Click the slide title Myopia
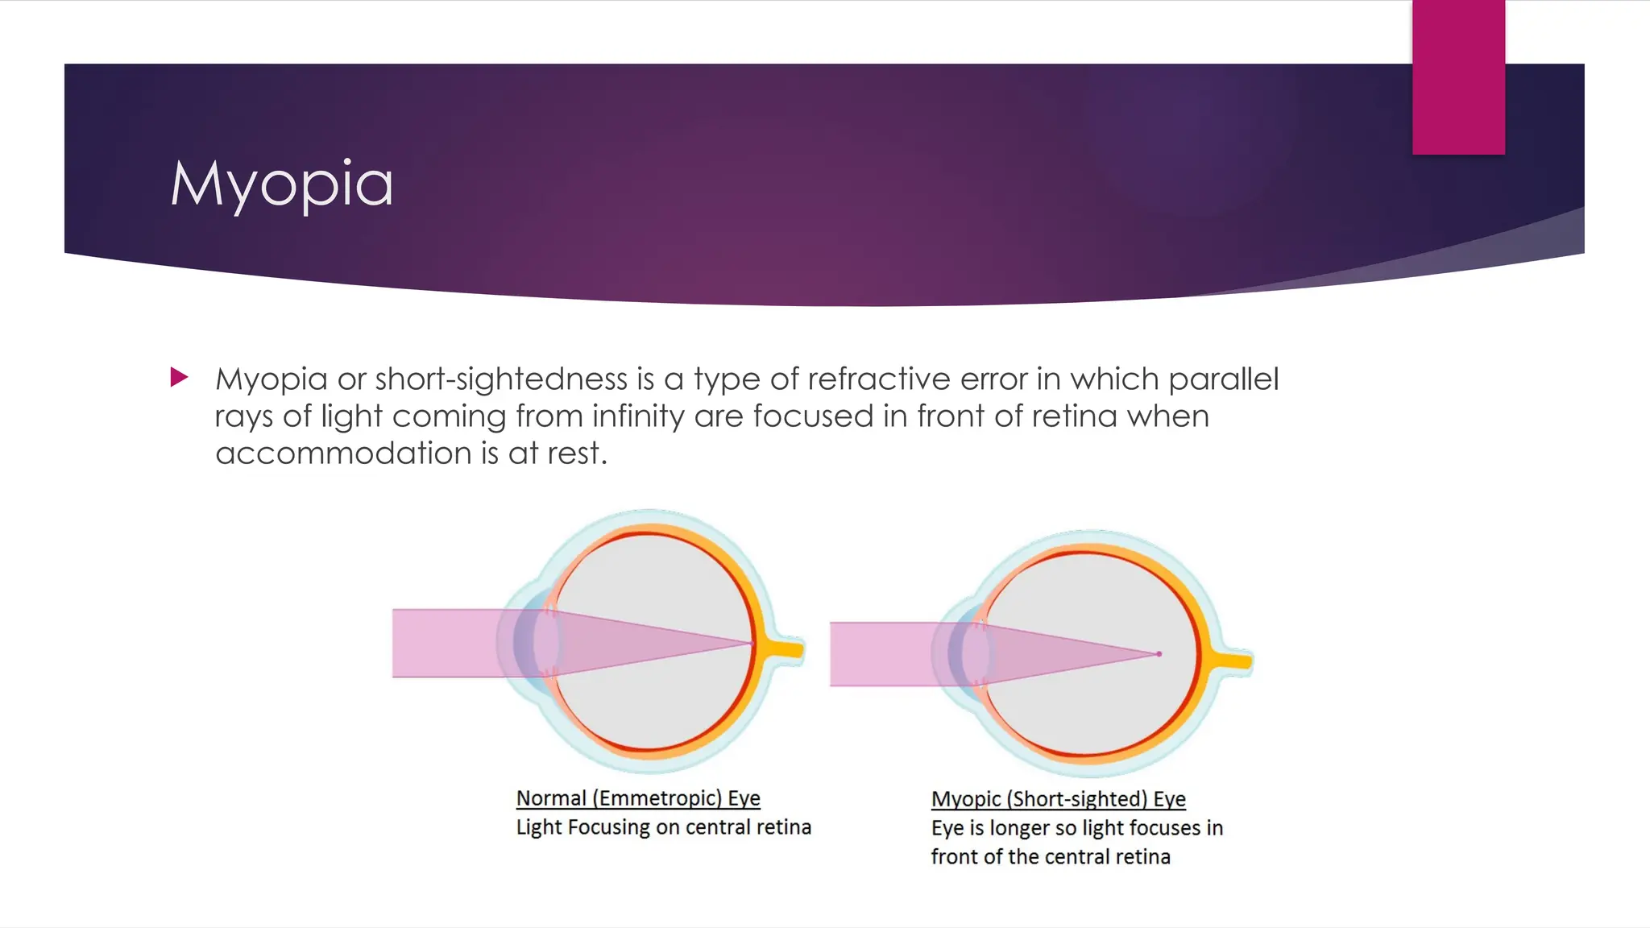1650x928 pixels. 282,184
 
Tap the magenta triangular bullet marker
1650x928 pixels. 179,377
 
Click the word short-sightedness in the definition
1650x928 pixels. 501,379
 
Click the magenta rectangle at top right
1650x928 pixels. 1457,77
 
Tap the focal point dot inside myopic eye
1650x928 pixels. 1159,654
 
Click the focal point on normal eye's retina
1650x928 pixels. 752,644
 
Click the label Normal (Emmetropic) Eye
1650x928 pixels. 638,797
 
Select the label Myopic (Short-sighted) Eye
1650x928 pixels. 1058,798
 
